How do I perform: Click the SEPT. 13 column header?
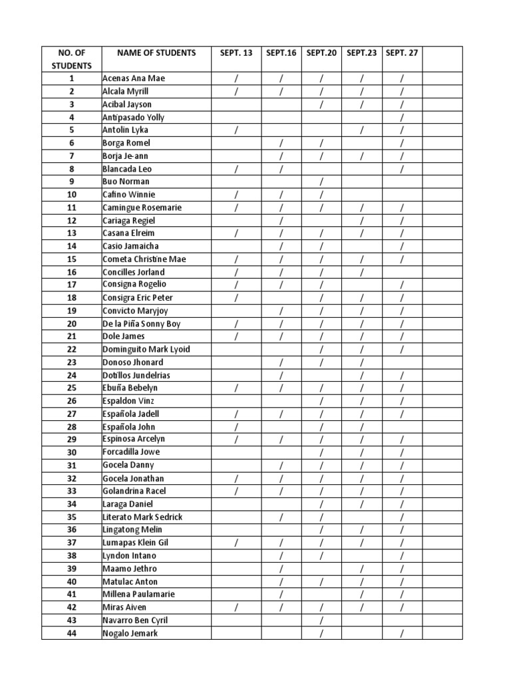point(236,53)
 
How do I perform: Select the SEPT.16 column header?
point(281,53)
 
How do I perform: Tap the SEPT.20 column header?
point(321,53)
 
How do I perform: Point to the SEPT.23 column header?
point(361,53)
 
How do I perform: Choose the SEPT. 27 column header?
point(402,53)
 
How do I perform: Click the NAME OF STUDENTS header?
point(156,53)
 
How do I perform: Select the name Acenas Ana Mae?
point(133,78)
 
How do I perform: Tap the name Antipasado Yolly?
point(133,117)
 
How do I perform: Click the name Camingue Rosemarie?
point(142,207)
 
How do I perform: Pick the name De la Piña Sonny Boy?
point(142,324)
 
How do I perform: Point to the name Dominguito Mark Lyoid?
point(146,349)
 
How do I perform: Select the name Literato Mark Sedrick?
point(142,517)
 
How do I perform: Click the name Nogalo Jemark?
point(130,633)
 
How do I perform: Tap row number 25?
point(72,388)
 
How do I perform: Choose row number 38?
point(72,555)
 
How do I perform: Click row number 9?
point(72,182)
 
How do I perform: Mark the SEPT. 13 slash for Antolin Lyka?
point(236,130)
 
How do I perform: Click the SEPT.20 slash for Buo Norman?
point(321,182)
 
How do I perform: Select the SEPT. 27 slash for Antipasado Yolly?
point(402,118)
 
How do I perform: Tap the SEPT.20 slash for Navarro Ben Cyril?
point(321,620)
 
